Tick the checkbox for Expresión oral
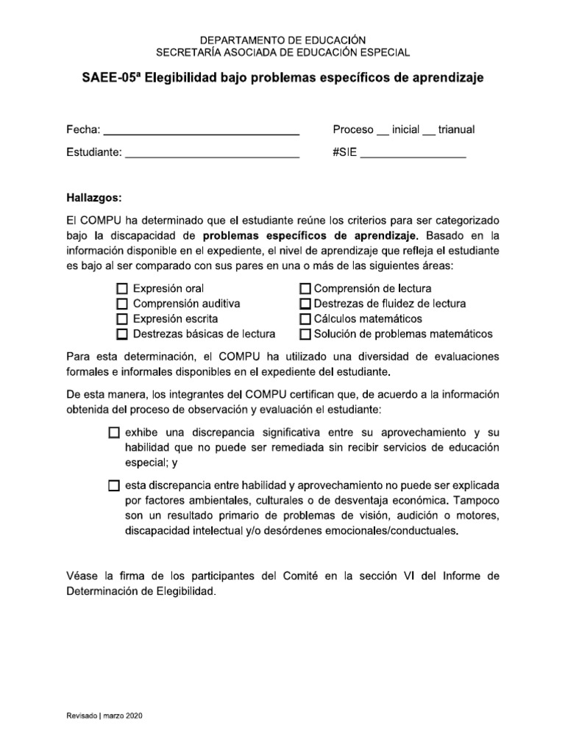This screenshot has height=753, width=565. click(122, 288)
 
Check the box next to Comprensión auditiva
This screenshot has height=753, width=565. click(122, 304)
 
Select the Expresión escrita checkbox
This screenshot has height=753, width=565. click(122, 319)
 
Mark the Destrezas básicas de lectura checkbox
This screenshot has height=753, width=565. click(122, 335)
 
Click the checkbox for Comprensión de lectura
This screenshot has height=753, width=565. click(306, 288)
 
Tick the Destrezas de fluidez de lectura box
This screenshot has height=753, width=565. click(306, 304)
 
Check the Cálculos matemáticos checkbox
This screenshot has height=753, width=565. click(306, 319)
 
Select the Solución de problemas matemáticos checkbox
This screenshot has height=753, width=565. click(306, 335)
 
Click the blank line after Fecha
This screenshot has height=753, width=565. click(201, 132)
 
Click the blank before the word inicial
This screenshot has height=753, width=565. click(383, 132)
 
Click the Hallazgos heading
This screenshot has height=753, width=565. click(95, 199)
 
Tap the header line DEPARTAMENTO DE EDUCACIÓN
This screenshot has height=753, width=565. click(282, 40)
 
